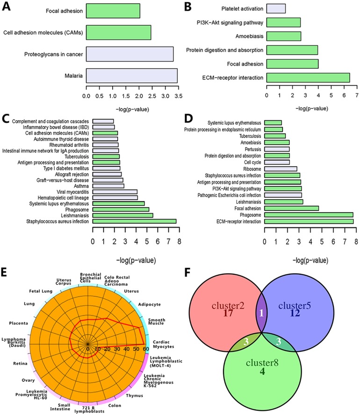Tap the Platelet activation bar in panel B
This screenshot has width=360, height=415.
click(x=276, y=8)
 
